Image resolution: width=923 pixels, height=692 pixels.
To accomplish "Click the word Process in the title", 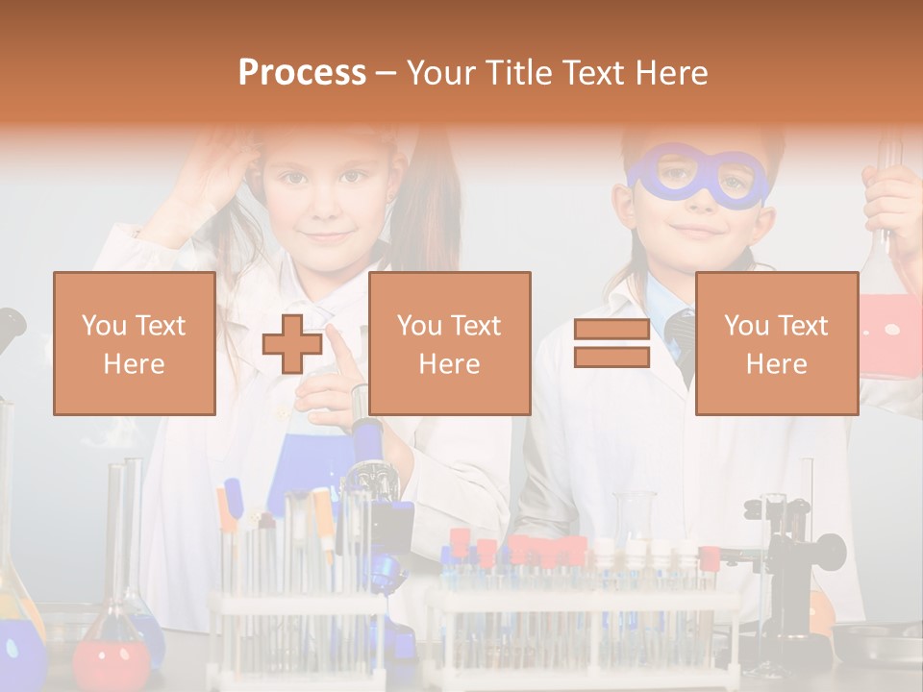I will (x=302, y=72).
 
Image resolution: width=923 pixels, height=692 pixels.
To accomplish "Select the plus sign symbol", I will (x=292, y=344).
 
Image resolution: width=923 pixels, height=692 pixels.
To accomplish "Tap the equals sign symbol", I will (x=611, y=343).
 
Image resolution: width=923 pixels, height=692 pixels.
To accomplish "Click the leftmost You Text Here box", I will (x=135, y=343).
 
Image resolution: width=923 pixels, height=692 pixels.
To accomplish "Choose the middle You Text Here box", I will (x=450, y=343).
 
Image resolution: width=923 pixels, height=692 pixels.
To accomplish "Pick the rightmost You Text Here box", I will (x=777, y=343).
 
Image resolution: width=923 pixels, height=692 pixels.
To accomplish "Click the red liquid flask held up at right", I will (x=890, y=332).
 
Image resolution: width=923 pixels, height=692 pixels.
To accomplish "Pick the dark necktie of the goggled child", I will (x=681, y=341).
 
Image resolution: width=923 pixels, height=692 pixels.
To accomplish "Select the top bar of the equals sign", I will (x=611, y=330).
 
